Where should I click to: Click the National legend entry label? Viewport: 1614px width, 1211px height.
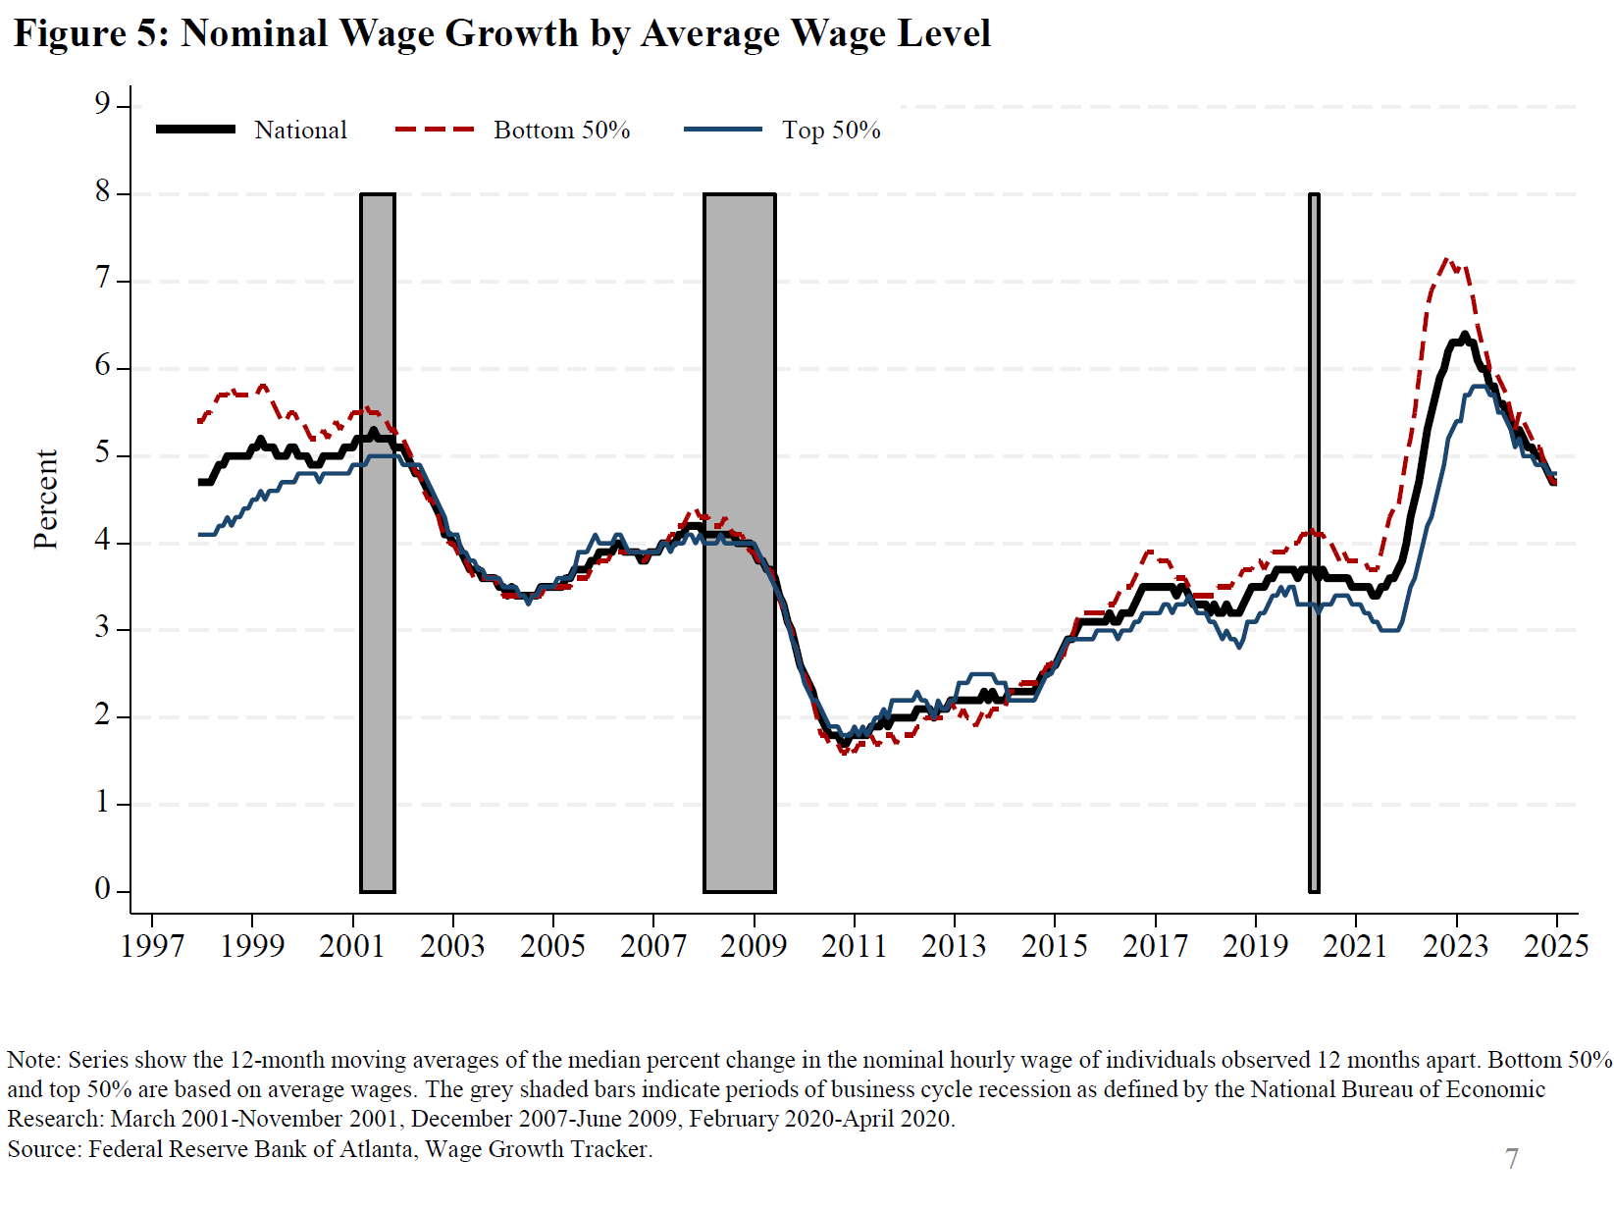coord(300,130)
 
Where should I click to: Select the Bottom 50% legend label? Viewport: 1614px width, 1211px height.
coord(561,130)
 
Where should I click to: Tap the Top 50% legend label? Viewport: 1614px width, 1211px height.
coord(831,130)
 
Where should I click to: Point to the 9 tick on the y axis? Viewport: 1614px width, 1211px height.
coord(102,103)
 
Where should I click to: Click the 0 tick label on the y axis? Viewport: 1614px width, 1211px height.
coord(102,889)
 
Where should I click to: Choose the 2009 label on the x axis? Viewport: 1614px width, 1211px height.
coord(754,946)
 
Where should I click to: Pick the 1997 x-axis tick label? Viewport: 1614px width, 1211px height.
coord(152,946)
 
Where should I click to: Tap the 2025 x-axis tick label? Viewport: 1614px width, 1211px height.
coord(1556,946)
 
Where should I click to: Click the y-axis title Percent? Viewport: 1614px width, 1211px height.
coord(46,499)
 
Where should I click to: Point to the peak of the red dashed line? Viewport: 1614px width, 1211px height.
coord(1446,260)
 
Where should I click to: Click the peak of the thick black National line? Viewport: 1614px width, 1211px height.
coord(1464,336)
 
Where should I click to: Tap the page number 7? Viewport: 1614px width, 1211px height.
coord(1512,1159)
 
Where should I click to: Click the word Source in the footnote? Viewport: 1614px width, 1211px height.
coord(43,1149)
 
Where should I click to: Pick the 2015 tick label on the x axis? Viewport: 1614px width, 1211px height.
coord(1055,946)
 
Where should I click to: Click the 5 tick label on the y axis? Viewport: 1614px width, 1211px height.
coord(102,454)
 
